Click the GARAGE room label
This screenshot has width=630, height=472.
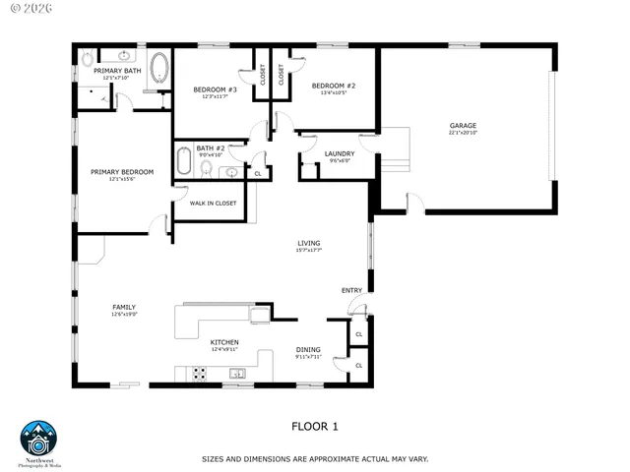[x=463, y=125]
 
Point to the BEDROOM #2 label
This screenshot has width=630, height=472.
[x=333, y=87]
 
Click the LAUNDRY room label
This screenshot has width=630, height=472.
[x=339, y=153]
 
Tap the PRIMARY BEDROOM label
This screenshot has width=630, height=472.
[x=122, y=172]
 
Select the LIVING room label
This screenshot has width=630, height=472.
[x=309, y=243]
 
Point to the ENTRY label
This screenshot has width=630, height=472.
[x=350, y=290]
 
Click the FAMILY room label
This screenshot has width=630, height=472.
[x=123, y=307]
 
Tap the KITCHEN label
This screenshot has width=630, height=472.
[x=224, y=342]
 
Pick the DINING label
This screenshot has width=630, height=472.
[x=308, y=349]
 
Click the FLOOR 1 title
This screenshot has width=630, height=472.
[x=314, y=426]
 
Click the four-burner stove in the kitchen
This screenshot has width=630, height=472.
[x=199, y=374]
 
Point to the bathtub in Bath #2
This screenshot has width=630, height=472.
[x=184, y=159]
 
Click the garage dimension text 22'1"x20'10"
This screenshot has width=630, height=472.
[x=463, y=133]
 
